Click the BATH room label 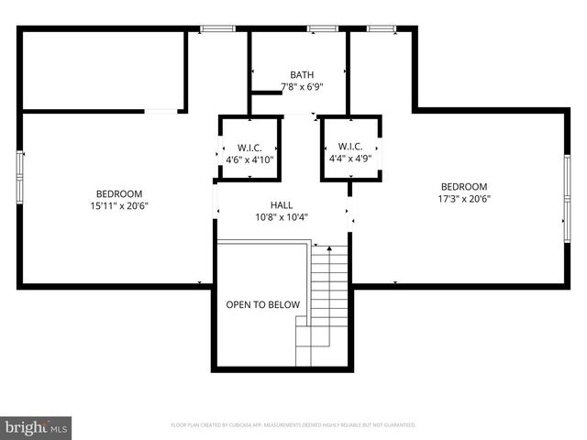(302, 75)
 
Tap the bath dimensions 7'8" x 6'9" (302, 88)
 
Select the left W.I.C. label (249, 147)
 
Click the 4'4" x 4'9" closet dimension (350, 159)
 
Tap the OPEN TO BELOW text (256, 304)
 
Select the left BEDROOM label (119, 193)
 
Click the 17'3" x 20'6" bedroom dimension (463, 198)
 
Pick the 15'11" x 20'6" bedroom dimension (119, 206)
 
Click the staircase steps (328, 293)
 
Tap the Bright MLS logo (37, 426)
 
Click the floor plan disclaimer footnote (293, 425)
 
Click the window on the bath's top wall (321, 28)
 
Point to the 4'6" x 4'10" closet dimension (249, 159)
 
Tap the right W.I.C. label (350, 147)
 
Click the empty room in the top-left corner (101, 71)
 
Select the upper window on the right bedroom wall (566, 174)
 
